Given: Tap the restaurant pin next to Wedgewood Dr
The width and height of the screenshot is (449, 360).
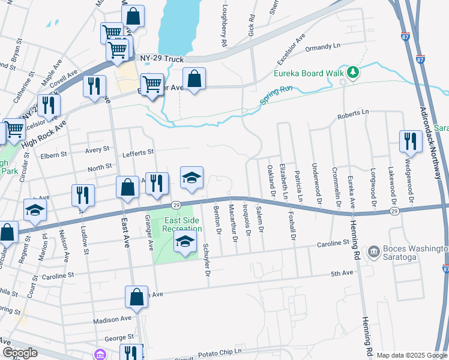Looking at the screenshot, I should point(411,142).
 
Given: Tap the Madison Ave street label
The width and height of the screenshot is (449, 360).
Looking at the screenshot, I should point(113,319).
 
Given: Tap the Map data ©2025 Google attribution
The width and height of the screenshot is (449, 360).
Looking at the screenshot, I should point(411,355).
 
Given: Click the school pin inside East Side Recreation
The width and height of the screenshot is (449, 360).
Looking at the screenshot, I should point(185,242).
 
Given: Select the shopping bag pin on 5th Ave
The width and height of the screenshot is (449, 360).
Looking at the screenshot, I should point(136,297).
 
